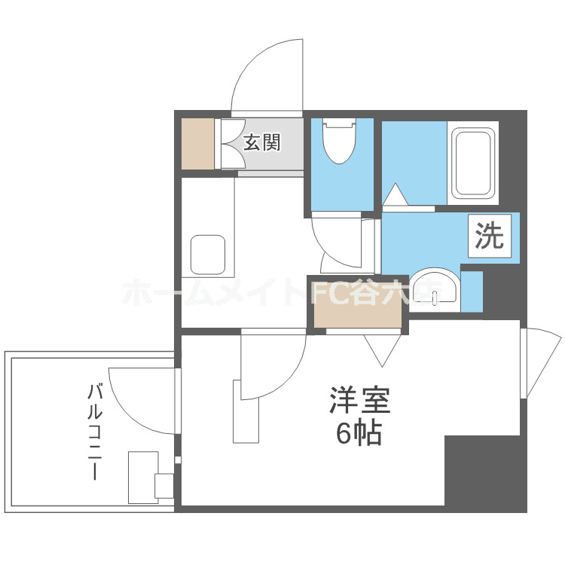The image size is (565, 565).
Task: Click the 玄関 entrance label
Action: click(261, 141)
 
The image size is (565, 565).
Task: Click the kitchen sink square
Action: click(208, 255)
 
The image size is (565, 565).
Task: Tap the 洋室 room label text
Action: click(359, 400)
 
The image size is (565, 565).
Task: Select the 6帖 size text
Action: click(359, 433)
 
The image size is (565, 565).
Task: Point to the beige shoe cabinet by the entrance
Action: click(198, 143)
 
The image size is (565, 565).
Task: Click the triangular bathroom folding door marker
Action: click(395, 195)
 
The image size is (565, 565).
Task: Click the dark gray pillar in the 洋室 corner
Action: click(484, 471)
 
